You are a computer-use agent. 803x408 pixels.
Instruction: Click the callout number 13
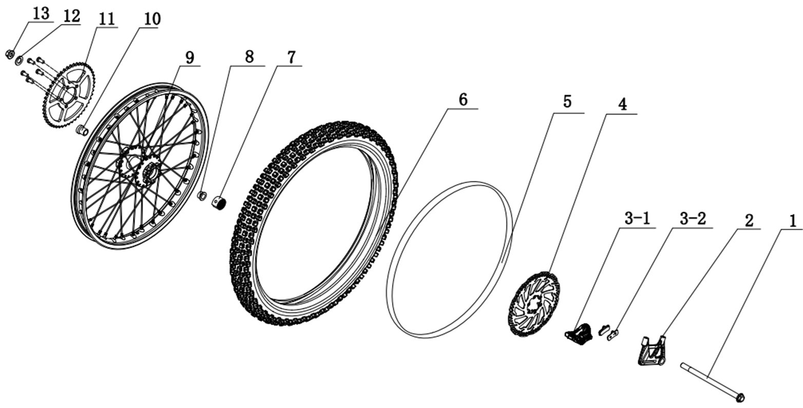click(40, 14)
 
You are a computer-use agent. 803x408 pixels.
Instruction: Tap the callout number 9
click(189, 58)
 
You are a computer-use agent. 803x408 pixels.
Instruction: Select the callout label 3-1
click(637, 218)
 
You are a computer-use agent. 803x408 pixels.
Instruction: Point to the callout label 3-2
click(693, 218)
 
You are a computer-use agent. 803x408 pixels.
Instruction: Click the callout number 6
click(463, 100)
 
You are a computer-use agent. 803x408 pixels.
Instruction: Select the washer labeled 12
click(19, 61)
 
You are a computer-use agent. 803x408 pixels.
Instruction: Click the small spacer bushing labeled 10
click(82, 130)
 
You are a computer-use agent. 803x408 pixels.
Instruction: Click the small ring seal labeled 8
click(202, 195)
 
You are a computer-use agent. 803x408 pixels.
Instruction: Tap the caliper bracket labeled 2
click(651, 350)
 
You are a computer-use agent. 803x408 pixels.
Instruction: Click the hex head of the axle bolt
click(739, 397)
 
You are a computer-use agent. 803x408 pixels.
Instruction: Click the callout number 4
click(622, 104)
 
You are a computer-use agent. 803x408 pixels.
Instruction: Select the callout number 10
click(152, 19)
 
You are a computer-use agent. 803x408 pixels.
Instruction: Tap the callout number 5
click(567, 101)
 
